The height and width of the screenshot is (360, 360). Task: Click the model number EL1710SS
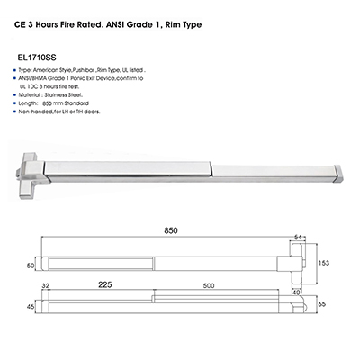(x=38, y=57)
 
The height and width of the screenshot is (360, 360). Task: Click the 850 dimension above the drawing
(x=171, y=230)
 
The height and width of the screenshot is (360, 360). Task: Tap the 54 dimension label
(x=298, y=237)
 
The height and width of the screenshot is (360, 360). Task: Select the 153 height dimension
(x=324, y=263)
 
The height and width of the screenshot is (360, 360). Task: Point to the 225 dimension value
(x=105, y=284)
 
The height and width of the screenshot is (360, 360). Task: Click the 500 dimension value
(x=209, y=285)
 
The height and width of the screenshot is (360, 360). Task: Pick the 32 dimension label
(x=45, y=286)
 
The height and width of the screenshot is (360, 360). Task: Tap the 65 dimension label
(x=322, y=304)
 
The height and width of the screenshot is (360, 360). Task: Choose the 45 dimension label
(x=31, y=307)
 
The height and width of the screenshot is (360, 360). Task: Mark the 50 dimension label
(x=31, y=265)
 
